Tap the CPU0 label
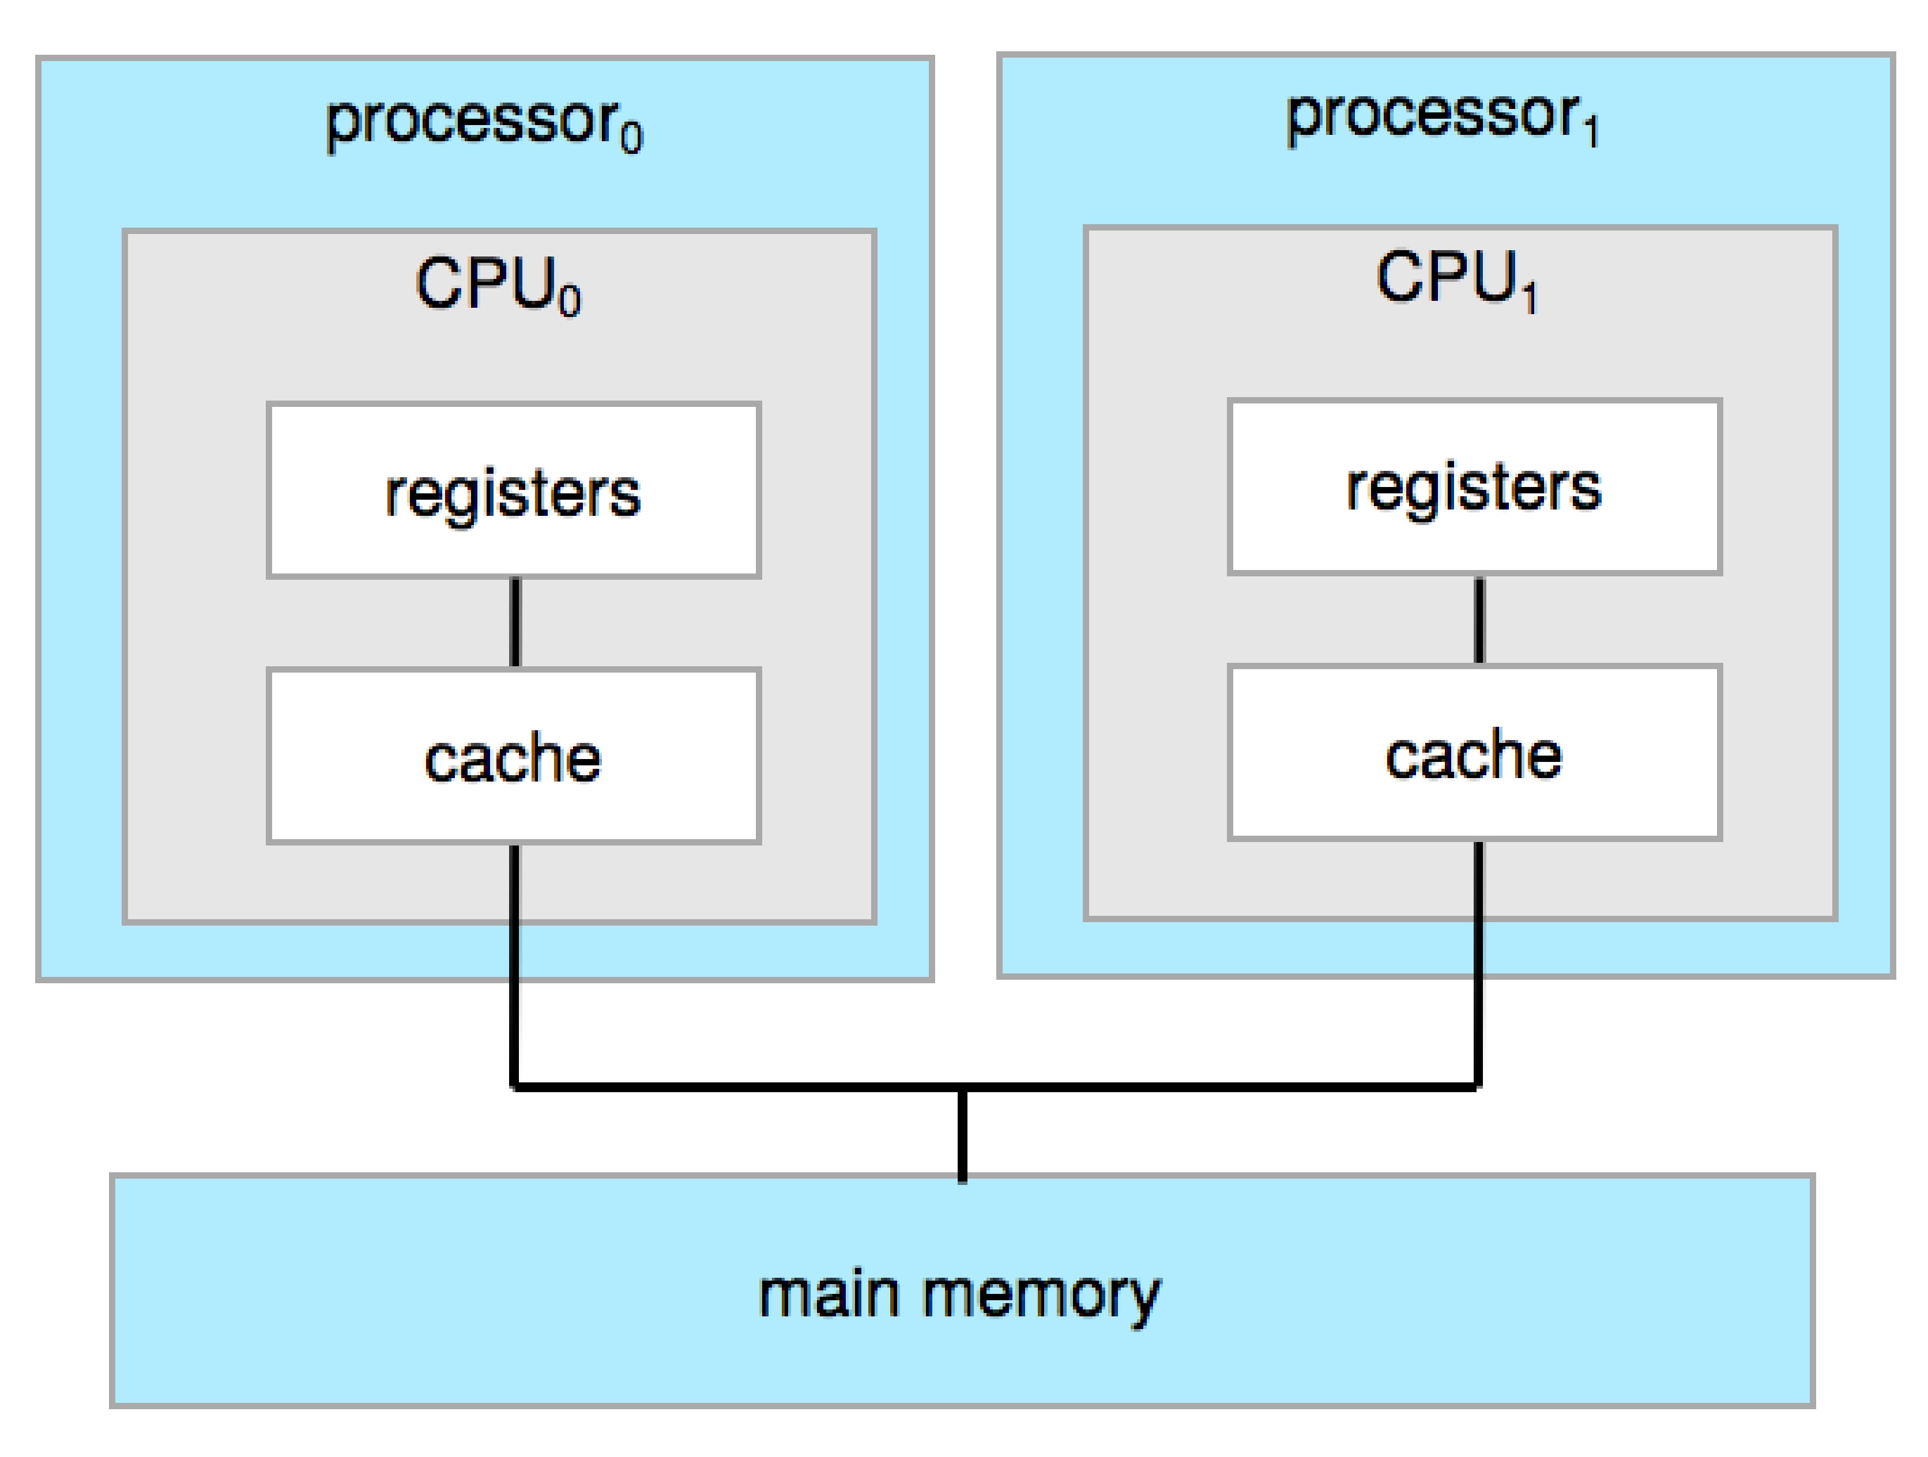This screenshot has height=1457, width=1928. click(497, 284)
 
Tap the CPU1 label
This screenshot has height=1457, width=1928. click(1456, 279)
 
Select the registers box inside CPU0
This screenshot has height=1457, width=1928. click(513, 490)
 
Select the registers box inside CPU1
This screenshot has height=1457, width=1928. click(1474, 487)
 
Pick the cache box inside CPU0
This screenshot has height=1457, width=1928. click(513, 756)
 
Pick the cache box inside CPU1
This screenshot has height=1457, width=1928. click(1474, 753)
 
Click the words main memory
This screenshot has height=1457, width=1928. click(959, 1295)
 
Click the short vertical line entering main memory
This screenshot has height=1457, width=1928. click(962, 1135)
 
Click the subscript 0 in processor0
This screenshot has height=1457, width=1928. click(631, 138)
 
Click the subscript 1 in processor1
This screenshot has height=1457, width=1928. click(1591, 133)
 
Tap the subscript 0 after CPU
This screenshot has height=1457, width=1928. click(569, 301)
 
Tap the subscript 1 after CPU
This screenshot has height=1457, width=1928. click(1529, 296)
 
